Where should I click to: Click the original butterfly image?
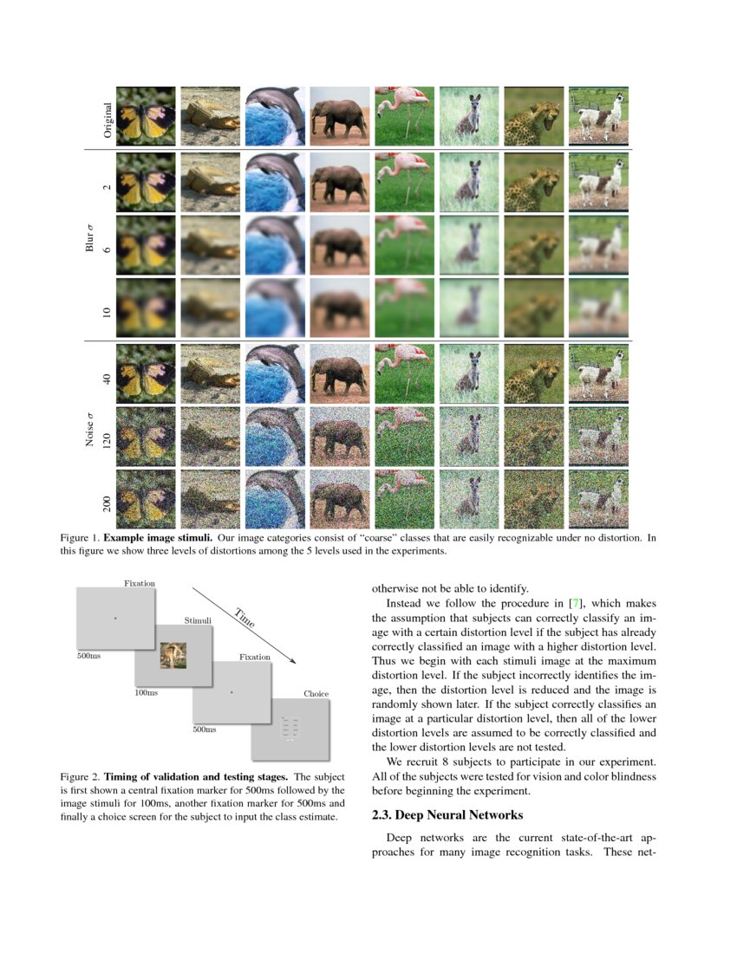(x=146, y=116)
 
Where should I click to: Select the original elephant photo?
(x=340, y=116)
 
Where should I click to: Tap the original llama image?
(x=598, y=116)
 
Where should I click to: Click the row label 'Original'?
(x=108, y=120)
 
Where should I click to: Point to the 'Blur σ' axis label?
(x=89, y=238)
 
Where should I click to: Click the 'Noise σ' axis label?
(x=89, y=431)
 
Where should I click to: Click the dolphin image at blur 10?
(x=275, y=308)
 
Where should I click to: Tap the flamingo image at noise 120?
(x=404, y=435)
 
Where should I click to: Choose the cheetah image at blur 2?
(x=533, y=180)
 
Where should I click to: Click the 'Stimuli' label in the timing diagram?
(x=198, y=620)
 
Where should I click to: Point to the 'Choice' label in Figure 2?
(x=316, y=694)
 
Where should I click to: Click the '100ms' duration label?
(x=147, y=693)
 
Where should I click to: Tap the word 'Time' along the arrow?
(x=244, y=618)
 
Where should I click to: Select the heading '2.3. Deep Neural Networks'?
(x=447, y=815)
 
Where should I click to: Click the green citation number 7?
(x=572, y=602)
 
